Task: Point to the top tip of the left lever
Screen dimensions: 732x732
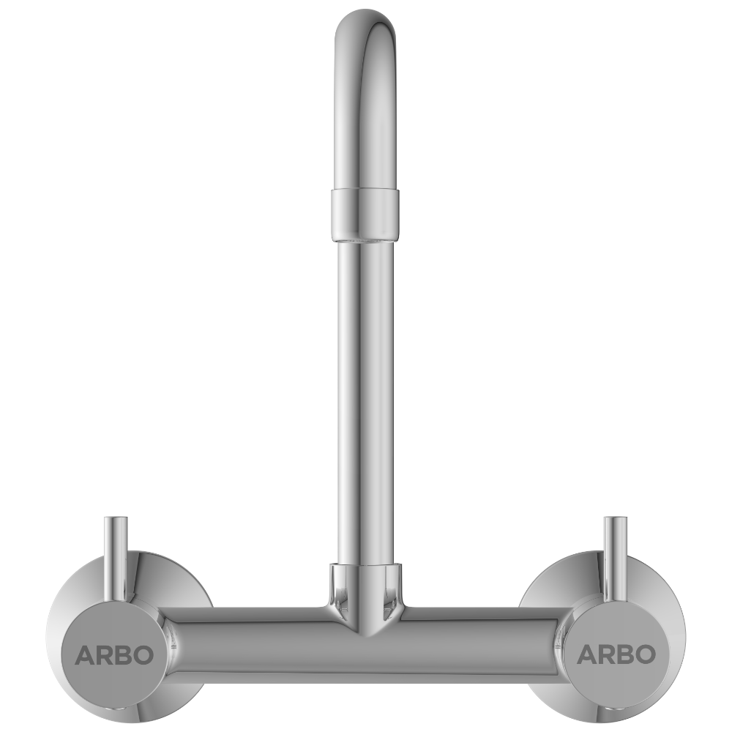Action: coord(116,519)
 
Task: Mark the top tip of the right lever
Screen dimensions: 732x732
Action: coord(615,519)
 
